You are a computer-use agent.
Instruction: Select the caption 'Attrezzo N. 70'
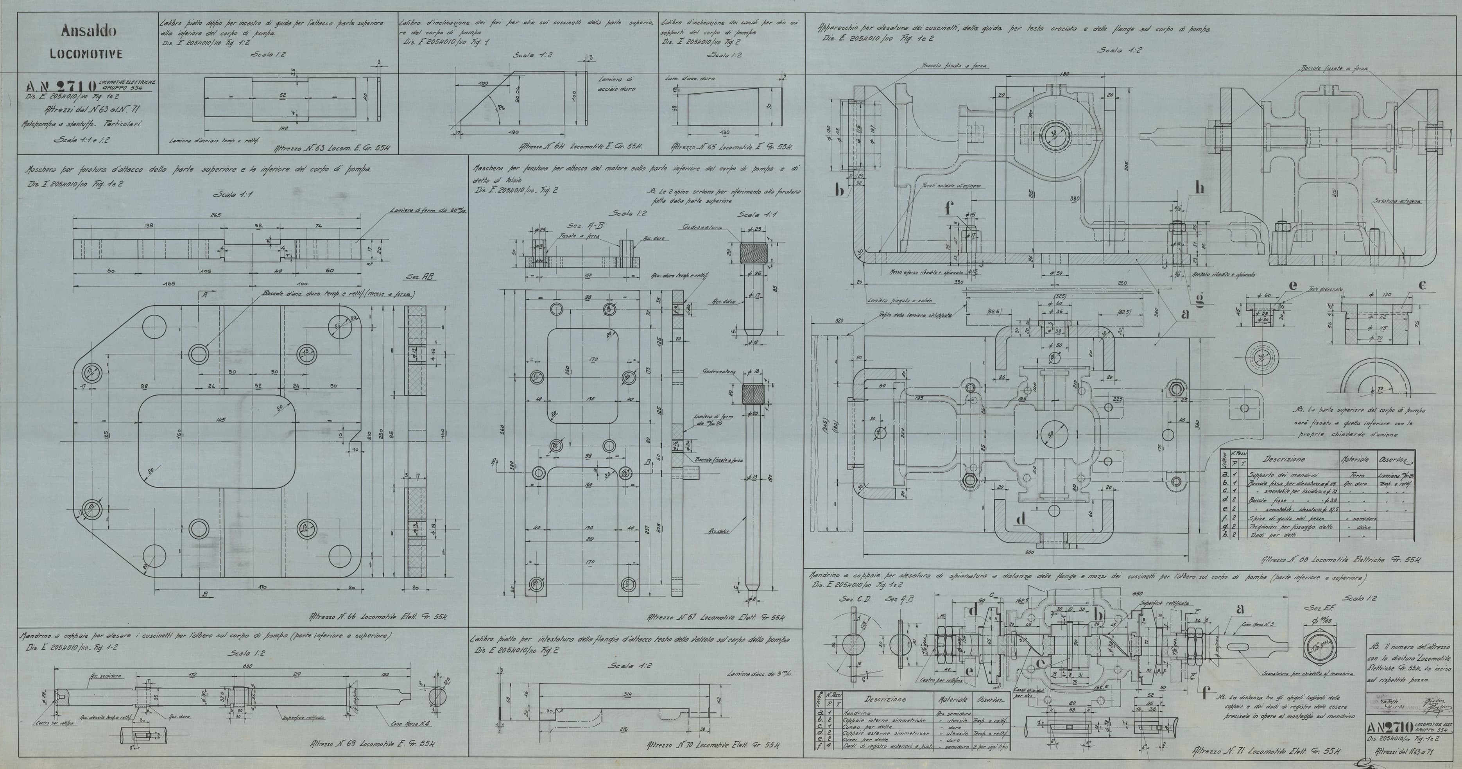(x=713, y=745)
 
